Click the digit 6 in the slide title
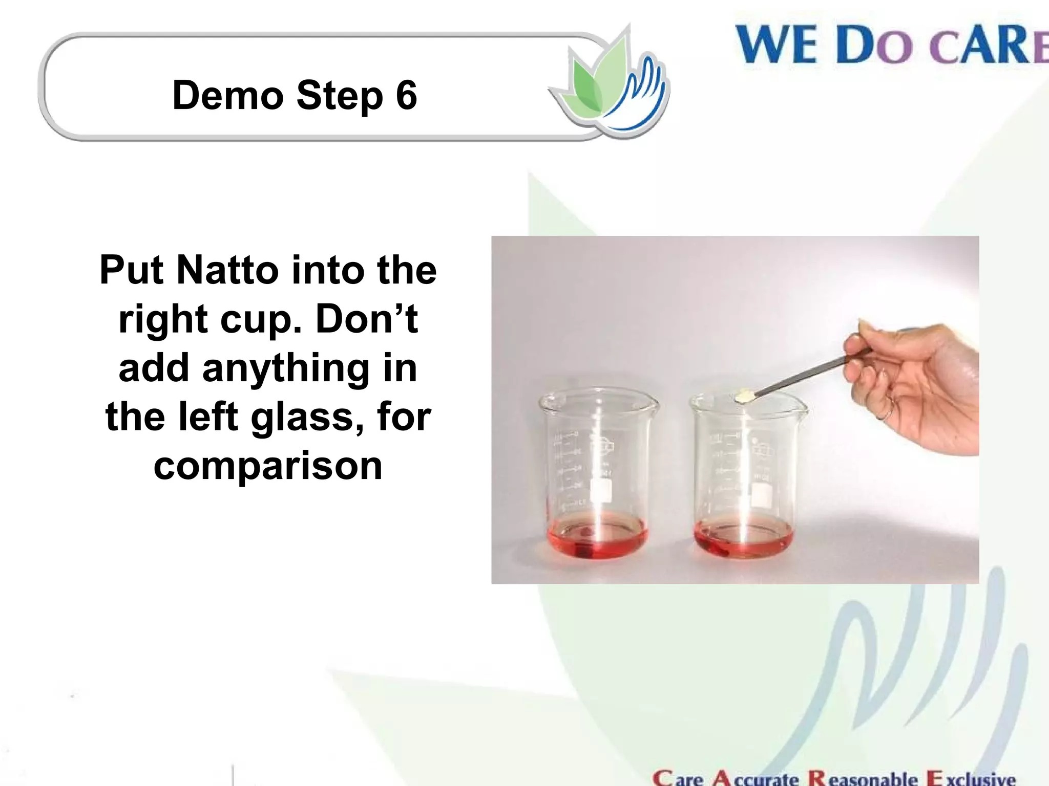pos(406,95)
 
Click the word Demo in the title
pos(228,95)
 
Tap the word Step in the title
pos(339,96)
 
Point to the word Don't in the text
pos(367,318)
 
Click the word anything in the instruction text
pos(286,368)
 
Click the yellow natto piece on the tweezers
pos(744,396)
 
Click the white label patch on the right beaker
pos(761,494)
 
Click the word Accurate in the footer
pos(756,778)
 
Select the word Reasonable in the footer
pos(863,778)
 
